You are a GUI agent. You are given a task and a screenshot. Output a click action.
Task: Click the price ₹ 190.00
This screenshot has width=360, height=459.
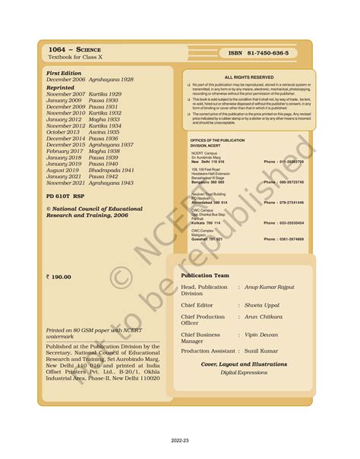[60, 277]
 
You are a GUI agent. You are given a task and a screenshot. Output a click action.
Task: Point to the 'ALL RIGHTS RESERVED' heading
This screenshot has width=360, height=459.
[249, 77]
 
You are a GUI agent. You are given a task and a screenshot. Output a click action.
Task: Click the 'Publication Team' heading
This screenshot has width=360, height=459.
[205, 275]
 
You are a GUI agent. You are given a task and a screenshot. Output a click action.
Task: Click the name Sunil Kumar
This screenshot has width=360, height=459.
[269, 351]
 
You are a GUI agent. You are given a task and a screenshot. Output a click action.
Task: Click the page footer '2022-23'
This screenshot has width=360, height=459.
[180, 439]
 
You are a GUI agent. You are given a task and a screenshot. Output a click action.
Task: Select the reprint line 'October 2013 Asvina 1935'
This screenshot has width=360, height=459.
[83, 132]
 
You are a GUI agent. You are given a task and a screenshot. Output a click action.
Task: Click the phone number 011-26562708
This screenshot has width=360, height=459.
[283, 162]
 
